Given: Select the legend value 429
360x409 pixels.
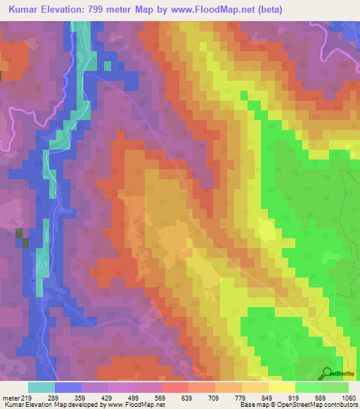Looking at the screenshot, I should click(94, 397).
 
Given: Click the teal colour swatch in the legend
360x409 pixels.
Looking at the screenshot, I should click(41, 387).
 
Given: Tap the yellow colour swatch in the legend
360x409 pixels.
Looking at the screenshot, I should click(281, 387).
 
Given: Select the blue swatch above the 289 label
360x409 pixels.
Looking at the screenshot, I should click(68, 387).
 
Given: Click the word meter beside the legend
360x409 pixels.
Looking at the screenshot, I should click(11, 397).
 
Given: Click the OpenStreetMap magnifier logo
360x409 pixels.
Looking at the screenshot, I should click(327, 373).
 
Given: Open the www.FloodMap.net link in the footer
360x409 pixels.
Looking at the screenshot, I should click(134, 405).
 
